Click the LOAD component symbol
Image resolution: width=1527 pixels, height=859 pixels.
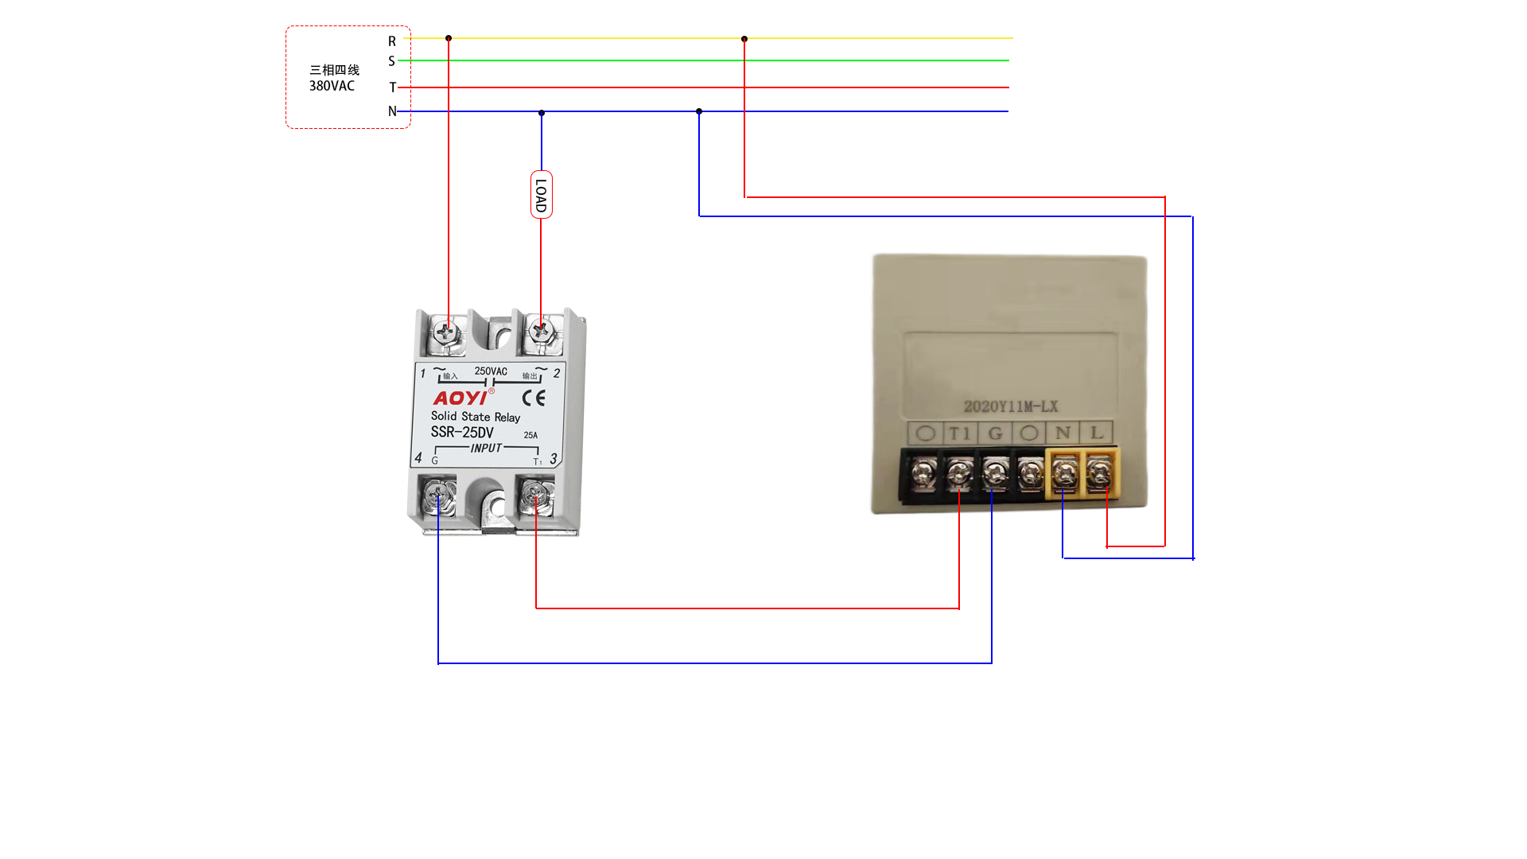click(542, 195)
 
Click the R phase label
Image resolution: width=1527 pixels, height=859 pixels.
click(392, 41)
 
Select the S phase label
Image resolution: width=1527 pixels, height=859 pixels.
click(391, 61)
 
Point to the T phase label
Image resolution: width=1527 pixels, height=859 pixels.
click(392, 87)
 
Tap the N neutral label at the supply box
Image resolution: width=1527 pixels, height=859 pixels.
click(392, 111)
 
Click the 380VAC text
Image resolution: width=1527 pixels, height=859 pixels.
click(332, 86)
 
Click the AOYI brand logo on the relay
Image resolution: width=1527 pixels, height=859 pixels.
click(460, 398)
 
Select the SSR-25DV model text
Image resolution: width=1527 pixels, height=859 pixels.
click(462, 432)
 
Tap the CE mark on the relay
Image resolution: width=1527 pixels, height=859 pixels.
click(534, 398)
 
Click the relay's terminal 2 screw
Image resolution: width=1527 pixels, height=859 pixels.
click(542, 330)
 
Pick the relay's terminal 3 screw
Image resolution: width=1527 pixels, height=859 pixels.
click(535, 498)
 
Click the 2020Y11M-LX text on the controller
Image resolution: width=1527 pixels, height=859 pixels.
click(1011, 406)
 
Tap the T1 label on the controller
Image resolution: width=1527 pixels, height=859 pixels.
click(960, 433)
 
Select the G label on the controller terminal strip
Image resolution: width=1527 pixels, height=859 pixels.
click(995, 433)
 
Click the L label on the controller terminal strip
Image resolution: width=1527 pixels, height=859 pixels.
click(1097, 433)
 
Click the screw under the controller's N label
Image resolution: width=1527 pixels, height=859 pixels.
click(1064, 475)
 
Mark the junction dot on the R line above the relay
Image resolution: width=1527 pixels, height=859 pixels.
click(449, 38)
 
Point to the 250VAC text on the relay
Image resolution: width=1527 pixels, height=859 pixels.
click(491, 371)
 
